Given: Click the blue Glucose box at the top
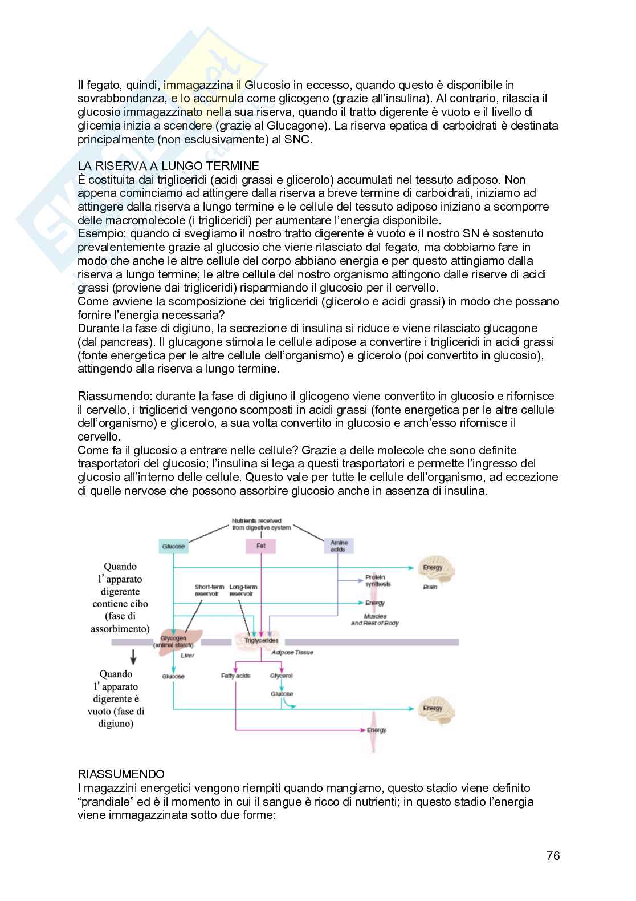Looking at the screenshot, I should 173,546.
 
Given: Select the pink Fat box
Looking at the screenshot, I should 261,546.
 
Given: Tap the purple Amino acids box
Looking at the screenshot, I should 339,546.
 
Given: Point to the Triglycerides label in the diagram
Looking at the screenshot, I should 262,640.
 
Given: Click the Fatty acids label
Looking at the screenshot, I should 235,676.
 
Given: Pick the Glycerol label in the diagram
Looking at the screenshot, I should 282,676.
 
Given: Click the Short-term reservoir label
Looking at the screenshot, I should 209,590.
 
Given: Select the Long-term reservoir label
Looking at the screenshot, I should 243,590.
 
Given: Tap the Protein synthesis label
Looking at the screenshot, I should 378,580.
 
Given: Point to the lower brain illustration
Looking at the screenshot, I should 437,708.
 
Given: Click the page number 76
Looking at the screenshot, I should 553,856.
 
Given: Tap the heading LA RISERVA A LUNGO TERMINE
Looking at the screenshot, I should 168,166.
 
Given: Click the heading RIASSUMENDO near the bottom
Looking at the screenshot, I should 121,774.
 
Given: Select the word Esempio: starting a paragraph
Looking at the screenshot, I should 102,233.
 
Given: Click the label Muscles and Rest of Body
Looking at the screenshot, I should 375,620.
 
